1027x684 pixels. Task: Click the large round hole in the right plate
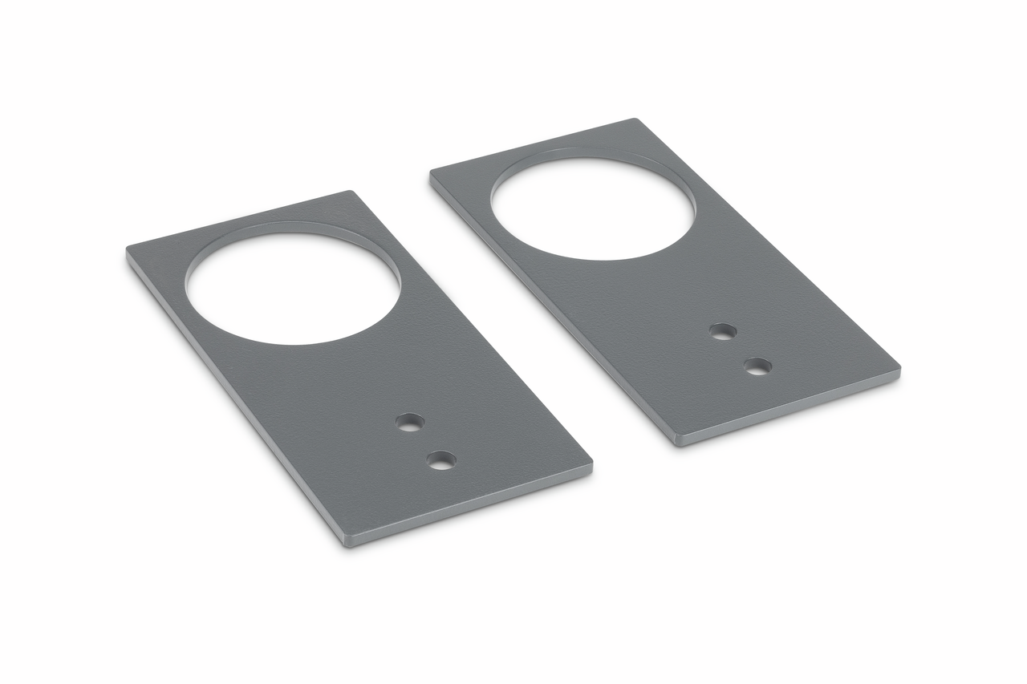(592, 208)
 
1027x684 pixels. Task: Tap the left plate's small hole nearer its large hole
(410, 422)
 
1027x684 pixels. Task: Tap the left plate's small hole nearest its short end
(441, 460)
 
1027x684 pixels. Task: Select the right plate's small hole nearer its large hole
(723, 331)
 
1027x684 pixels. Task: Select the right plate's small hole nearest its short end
(757, 366)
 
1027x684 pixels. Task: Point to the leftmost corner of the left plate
(128, 251)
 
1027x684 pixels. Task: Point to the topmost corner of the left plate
(349, 192)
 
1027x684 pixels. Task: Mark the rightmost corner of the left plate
(591, 463)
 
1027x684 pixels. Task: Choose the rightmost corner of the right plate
(899, 370)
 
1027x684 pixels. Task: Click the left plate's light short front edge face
(473, 505)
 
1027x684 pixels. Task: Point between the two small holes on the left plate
(425, 441)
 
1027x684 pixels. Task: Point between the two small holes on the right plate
(740, 349)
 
